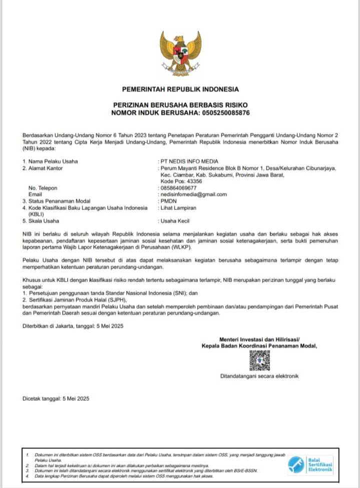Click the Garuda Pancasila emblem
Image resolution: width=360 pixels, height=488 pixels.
(x=180, y=52)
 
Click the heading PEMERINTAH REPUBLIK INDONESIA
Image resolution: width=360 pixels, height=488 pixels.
(x=180, y=89)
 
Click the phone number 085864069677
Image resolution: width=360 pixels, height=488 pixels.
(x=178, y=188)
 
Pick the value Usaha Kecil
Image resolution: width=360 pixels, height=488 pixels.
(x=175, y=220)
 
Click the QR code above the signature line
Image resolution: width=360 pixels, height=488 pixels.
(x=260, y=360)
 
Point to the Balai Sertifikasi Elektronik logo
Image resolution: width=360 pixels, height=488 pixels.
(x=311, y=465)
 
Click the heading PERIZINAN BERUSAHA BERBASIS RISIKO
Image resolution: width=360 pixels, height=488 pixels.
(x=180, y=106)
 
